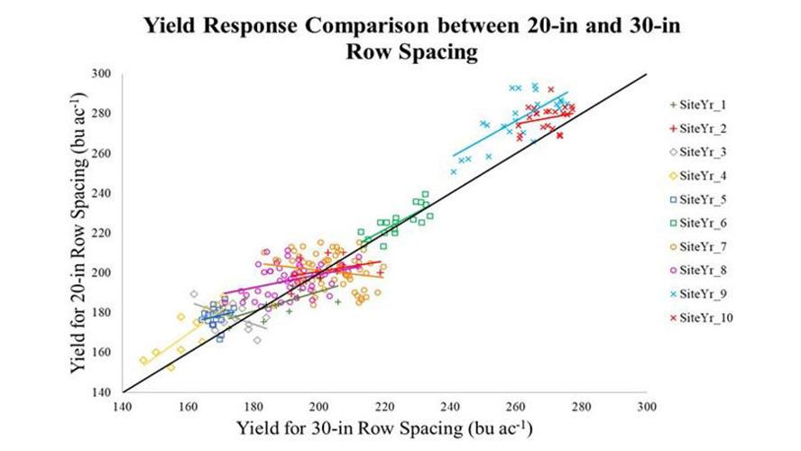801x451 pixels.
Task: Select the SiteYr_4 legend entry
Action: [700, 176]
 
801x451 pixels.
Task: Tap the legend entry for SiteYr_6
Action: [700, 223]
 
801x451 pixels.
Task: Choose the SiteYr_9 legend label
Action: [700, 293]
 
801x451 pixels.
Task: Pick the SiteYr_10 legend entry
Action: [703, 317]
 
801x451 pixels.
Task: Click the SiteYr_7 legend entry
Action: [700, 246]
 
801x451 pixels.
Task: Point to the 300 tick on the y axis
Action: [111, 74]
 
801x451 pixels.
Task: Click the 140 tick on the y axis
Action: [111, 392]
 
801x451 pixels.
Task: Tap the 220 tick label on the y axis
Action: [111, 233]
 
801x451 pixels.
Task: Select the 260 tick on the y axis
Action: [111, 153]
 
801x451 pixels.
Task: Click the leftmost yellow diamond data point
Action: [143, 360]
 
